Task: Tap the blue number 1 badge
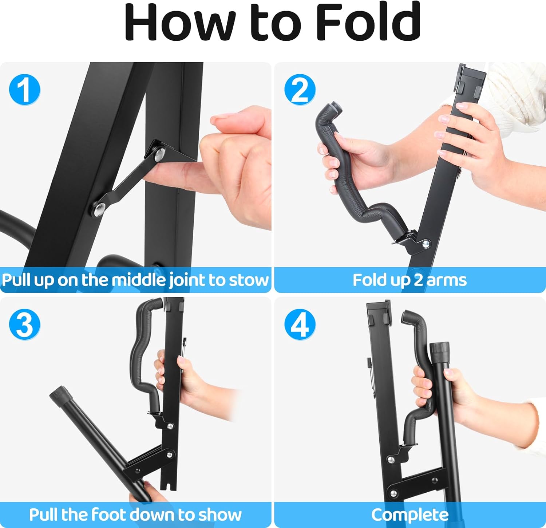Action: (24, 90)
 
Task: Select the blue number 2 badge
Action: (300, 90)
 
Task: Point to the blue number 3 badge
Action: (24, 324)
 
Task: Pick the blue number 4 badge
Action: (300, 324)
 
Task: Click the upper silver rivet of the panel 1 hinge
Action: (159, 154)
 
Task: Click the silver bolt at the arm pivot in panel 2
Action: (426, 244)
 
